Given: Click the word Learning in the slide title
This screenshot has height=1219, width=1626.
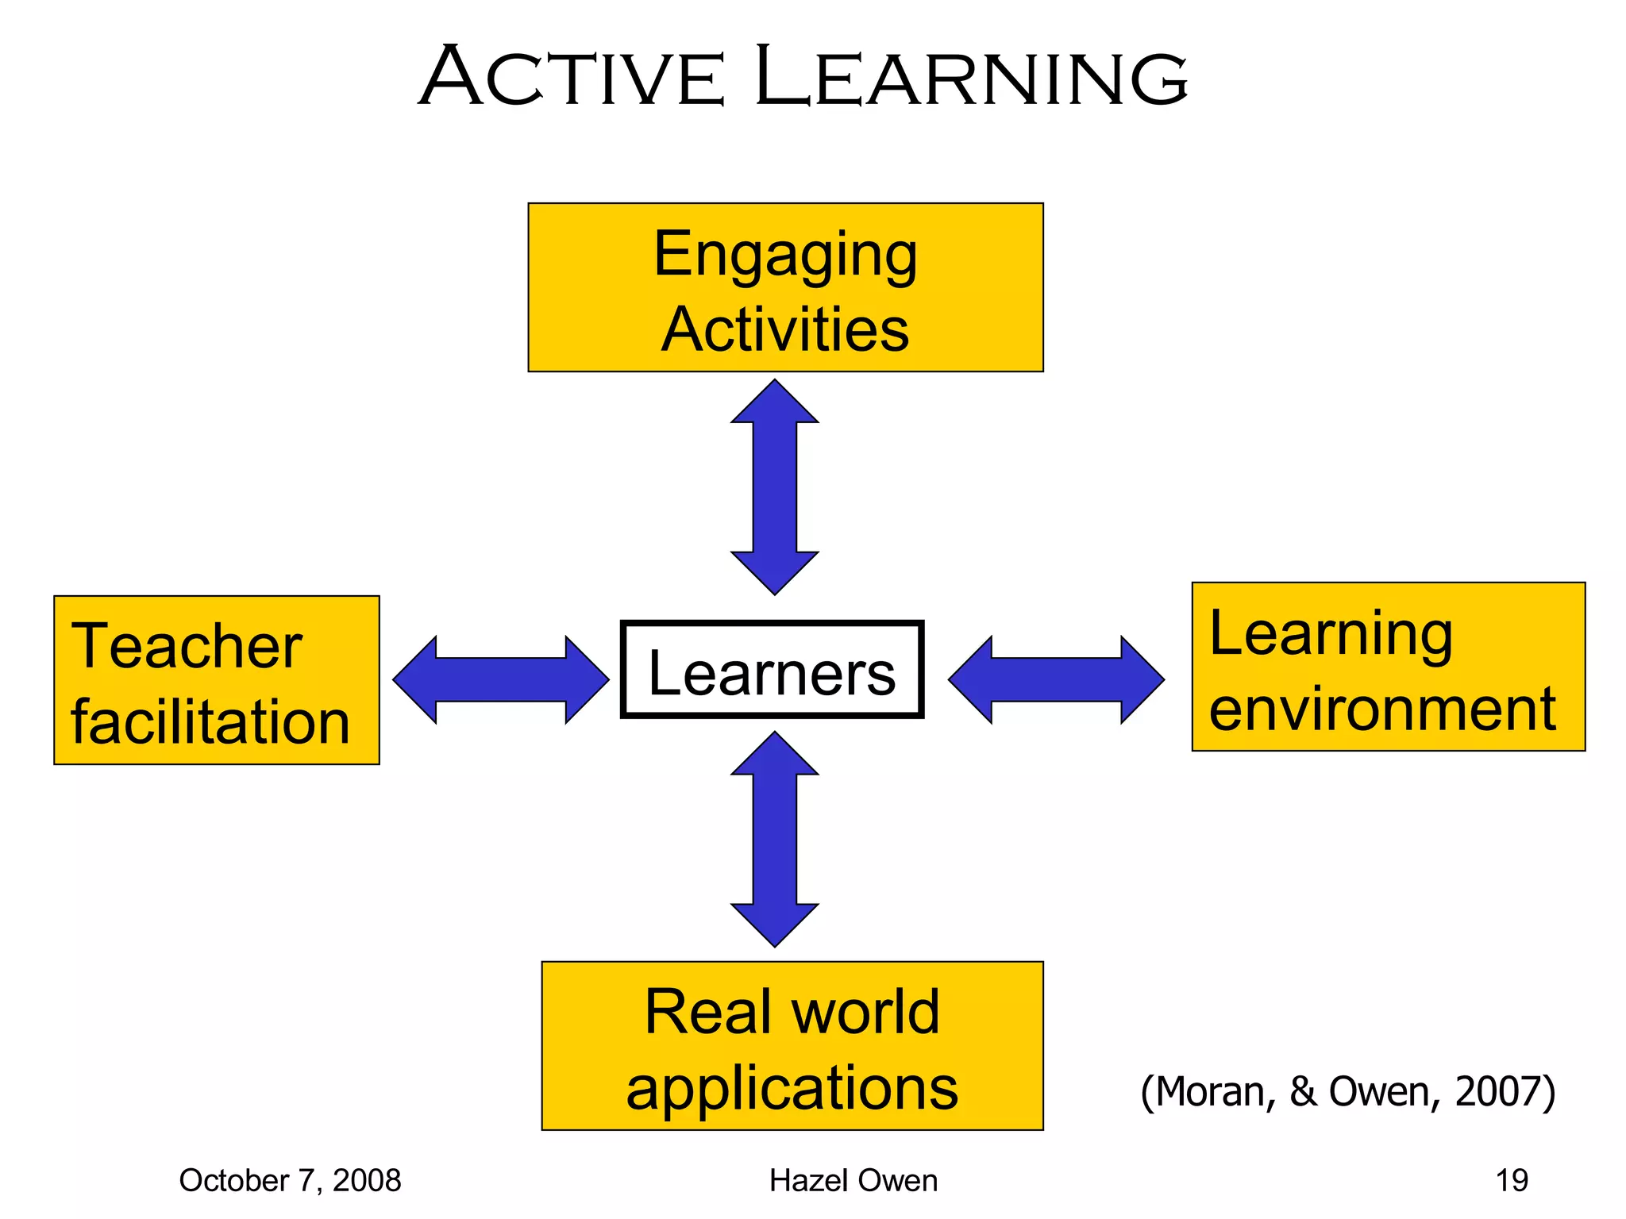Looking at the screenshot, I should click(970, 77).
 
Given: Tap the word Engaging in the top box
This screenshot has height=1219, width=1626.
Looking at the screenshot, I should click(785, 256).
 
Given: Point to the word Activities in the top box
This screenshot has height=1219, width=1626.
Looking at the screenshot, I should click(785, 329).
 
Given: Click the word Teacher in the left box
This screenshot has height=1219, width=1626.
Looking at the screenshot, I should click(187, 647).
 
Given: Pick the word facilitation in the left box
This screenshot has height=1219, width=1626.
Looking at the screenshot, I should click(210, 722).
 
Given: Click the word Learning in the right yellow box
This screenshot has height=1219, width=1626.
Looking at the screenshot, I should click(1331, 634).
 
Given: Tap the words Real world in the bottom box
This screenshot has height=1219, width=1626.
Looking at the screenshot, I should click(792, 1012).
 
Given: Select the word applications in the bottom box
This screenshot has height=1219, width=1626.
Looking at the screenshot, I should click(792, 1087).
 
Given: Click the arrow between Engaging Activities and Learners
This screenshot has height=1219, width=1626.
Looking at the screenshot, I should click(774, 486).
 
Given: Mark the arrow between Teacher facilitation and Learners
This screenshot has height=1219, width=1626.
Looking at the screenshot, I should click(501, 679).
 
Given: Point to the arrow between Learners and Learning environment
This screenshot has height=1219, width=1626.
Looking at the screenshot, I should click(1056, 679).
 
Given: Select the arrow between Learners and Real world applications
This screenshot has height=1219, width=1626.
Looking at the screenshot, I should click(774, 839).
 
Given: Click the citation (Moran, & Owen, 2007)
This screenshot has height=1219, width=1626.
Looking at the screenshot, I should click(1347, 1091).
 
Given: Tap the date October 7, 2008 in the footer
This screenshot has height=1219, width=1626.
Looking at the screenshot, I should click(290, 1181).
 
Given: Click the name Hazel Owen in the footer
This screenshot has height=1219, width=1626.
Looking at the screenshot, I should click(853, 1181).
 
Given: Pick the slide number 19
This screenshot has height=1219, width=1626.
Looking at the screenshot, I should click(1512, 1181).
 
